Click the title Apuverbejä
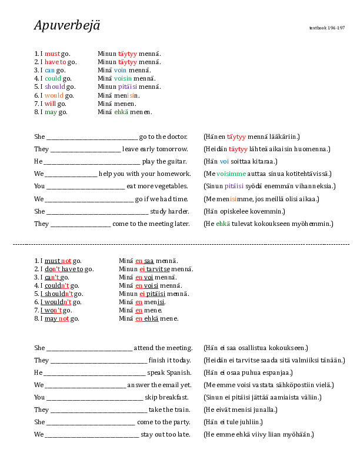point(67,25)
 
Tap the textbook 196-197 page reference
point(327,28)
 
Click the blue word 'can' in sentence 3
point(50,70)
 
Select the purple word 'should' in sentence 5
point(55,86)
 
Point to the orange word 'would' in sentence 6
point(54,95)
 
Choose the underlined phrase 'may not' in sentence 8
point(57,318)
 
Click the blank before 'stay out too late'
point(92,435)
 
